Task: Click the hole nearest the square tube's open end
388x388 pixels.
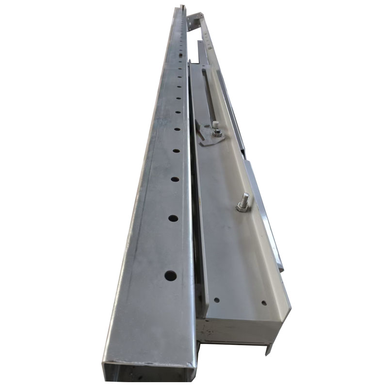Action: [170, 275]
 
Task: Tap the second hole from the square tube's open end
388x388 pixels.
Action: [172, 218]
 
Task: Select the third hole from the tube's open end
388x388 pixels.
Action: [174, 179]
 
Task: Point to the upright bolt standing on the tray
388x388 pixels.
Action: [244, 200]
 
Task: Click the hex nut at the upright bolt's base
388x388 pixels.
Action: [242, 209]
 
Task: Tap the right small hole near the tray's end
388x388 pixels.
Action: [263, 303]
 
